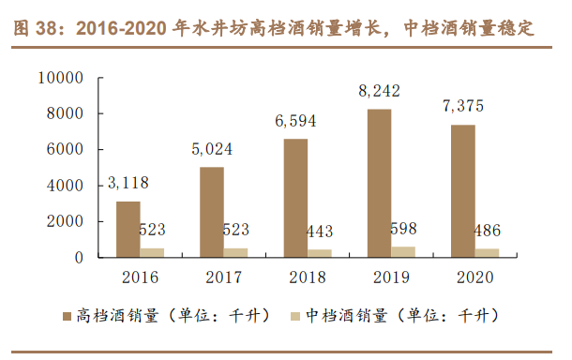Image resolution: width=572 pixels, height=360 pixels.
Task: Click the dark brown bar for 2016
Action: point(128,229)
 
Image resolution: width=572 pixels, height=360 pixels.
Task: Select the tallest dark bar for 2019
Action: point(379,183)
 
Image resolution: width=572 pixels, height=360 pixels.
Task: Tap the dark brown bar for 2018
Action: point(295,198)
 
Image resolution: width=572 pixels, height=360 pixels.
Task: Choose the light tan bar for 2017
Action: point(236,252)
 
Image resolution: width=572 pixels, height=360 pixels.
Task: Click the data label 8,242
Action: point(379,92)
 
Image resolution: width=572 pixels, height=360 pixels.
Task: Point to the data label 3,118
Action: point(129,184)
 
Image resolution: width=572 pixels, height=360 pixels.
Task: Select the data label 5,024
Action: point(213,149)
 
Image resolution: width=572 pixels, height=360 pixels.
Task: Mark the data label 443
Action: point(319,231)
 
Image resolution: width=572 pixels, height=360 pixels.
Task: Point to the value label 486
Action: point(488,230)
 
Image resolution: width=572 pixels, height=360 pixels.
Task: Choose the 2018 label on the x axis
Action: point(307,277)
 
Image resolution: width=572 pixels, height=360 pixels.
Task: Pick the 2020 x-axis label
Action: point(474,277)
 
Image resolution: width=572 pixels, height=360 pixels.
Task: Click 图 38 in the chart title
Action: point(36,29)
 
